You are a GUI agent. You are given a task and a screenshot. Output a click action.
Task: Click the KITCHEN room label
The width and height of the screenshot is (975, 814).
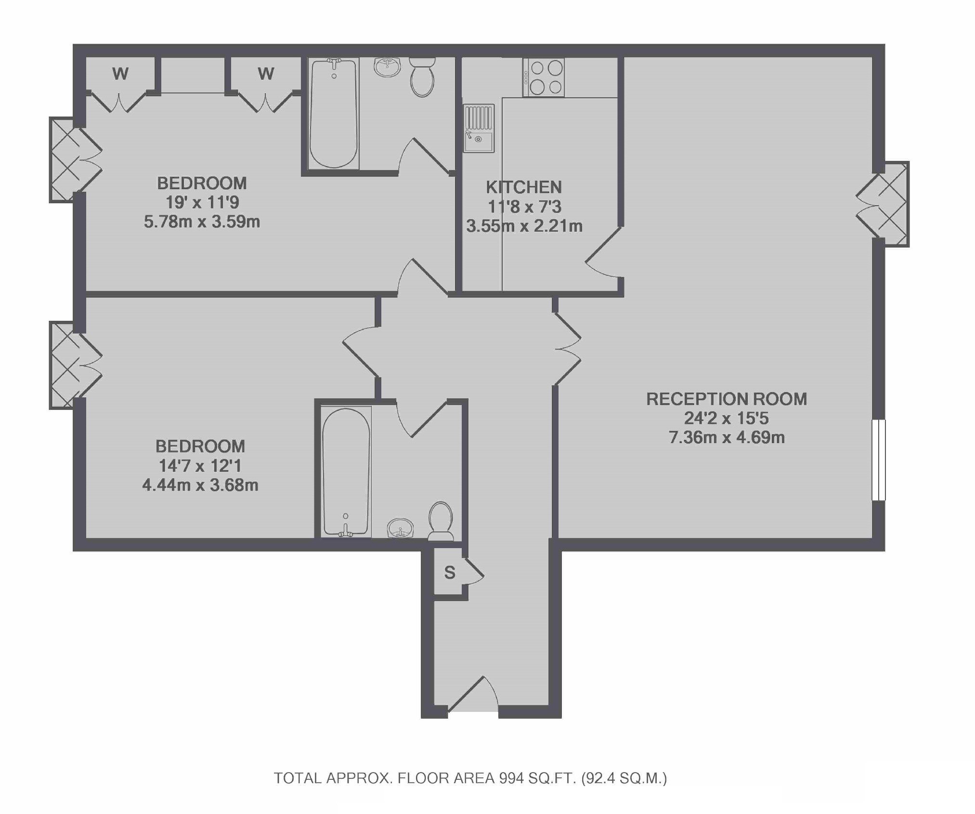(x=523, y=187)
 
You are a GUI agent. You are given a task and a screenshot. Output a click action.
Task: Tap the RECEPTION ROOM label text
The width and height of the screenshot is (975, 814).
(x=727, y=399)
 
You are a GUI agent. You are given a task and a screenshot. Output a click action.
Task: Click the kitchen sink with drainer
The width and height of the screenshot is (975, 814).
(x=479, y=128)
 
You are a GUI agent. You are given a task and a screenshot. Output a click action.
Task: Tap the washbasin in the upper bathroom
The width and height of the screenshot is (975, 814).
(x=387, y=67)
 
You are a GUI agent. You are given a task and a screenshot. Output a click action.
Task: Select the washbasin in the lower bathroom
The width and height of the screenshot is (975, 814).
(x=400, y=528)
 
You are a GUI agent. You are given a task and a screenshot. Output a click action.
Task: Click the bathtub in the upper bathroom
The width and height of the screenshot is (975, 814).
(x=333, y=114)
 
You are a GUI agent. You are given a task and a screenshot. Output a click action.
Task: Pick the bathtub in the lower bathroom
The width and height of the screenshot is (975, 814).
(x=346, y=472)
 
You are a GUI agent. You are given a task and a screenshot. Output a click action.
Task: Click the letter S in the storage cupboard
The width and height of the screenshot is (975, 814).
(x=450, y=573)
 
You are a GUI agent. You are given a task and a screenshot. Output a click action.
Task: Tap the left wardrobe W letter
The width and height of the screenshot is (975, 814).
(x=120, y=74)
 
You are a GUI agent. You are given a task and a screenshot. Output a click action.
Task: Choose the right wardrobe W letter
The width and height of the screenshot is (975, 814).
(x=266, y=74)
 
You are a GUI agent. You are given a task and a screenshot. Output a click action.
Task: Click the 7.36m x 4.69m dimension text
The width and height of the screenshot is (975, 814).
(x=727, y=437)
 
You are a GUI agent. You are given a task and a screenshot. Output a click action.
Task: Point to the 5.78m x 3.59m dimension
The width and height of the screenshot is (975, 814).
(x=202, y=222)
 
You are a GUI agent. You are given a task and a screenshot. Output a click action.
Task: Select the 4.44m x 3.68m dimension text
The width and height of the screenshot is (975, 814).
(x=200, y=485)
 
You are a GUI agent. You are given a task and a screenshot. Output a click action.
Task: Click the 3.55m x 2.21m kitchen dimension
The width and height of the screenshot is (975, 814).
(x=524, y=226)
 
